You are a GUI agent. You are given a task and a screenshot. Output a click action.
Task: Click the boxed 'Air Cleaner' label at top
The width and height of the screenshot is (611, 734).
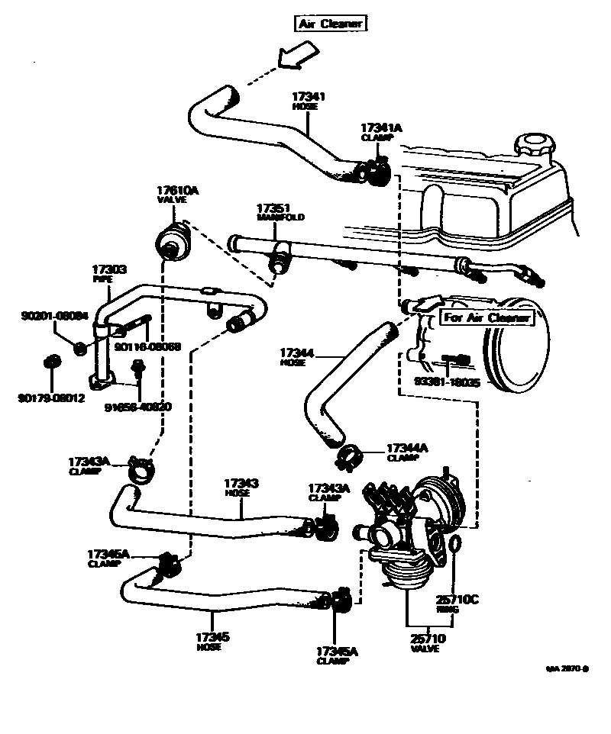coord(331,24)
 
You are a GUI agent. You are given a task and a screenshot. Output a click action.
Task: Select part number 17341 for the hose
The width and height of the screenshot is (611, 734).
coord(309,97)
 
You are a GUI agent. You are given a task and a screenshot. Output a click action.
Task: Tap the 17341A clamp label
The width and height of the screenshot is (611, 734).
coord(381,127)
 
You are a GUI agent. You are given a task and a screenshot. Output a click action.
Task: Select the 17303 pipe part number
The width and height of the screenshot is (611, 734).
coord(109,269)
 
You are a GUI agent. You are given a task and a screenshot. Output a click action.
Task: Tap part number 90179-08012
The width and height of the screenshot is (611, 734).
coord(52,398)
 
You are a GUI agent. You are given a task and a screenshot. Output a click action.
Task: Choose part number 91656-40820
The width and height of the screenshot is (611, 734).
coord(137,406)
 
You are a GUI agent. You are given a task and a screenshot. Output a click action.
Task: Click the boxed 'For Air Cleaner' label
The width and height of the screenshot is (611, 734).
coord(487,318)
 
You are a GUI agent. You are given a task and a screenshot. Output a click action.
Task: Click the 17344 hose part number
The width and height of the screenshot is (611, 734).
coord(297,353)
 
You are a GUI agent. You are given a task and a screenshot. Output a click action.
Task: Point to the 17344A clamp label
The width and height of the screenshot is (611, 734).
coord(408,448)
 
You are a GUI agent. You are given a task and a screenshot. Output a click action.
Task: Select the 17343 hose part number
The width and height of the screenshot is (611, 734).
coord(241,484)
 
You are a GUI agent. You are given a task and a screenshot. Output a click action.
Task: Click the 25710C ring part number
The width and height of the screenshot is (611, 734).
coord(457,600)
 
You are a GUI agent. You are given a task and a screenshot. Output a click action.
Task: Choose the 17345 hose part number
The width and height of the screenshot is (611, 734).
coord(214,636)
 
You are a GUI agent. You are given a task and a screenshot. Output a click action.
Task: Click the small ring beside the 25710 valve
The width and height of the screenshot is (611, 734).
coord(454,544)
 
